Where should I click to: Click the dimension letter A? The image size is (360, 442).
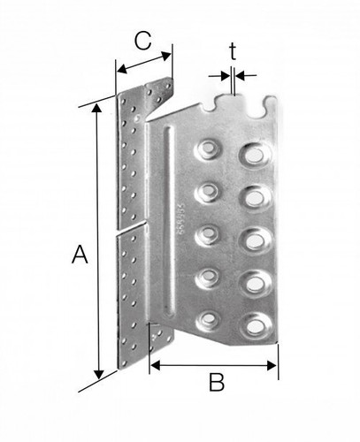[x=80, y=255]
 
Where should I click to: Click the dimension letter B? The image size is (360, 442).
[x=217, y=382]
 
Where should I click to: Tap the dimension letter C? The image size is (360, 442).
[x=143, y=41]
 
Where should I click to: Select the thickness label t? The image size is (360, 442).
[x=233, y=51]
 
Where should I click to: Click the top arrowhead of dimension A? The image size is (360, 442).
[x=96, y=108]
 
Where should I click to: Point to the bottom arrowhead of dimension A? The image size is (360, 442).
[x=98, y=375]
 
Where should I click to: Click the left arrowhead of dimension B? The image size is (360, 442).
[x=155, y=366]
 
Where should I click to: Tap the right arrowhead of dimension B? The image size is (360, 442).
[x=272, y=366]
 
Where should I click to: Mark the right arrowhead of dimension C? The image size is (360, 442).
[x=166, y=56]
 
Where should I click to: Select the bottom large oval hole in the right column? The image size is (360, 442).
[x=256, y=326]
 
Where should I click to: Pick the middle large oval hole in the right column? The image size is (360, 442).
[x=255, y=240]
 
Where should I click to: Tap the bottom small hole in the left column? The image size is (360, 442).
[x=209, y=319]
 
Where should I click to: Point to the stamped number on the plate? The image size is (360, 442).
[x=182, y=218]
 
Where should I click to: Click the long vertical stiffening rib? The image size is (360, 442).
[x=169, y=221]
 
